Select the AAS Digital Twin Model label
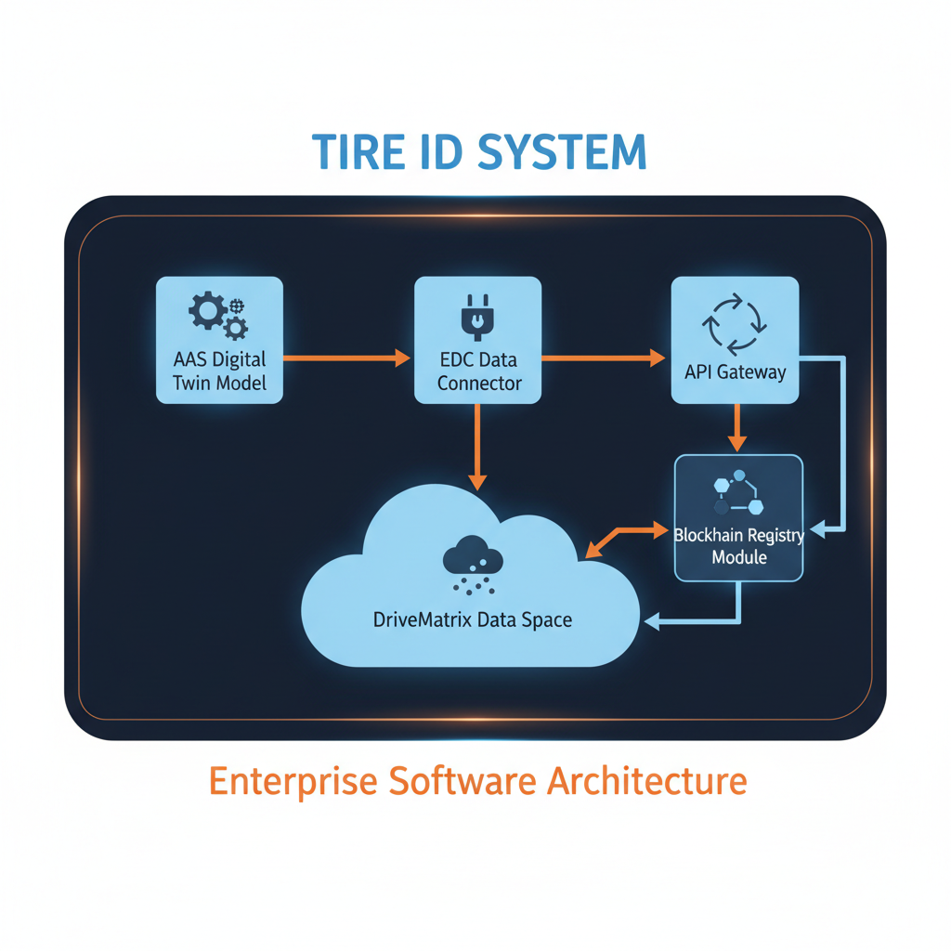[x=219, y=371]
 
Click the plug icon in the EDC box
[x=477, y=316]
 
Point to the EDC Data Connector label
[x=478, y=371]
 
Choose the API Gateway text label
[x=735, y=372]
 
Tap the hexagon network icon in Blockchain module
[x=738, y=492]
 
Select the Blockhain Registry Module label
[x=738, y=545]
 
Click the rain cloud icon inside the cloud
[x=474, y=564]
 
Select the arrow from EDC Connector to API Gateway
[x=605, y=357]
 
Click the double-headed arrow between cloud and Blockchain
[x=623, y=541]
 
